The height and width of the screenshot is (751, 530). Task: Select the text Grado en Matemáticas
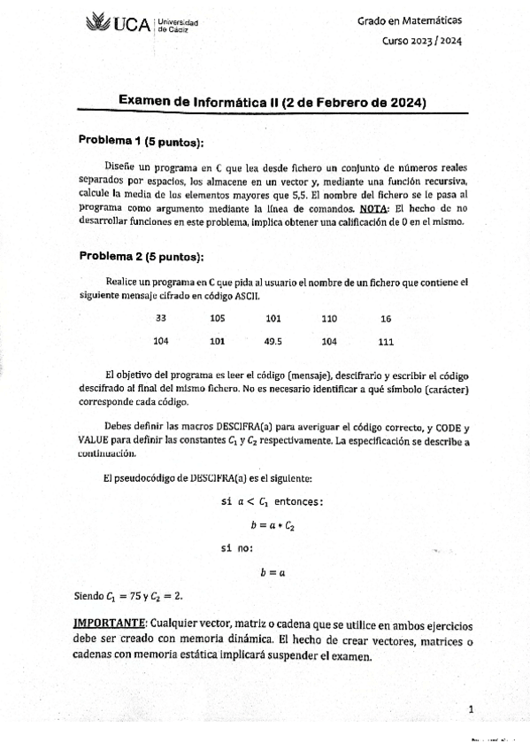(x=410, y=19)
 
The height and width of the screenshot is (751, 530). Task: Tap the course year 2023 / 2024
(x=421, y=40)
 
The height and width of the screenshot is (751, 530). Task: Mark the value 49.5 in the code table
(x=273, y=340)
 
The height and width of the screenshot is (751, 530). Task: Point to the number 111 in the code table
(x=386, y=340)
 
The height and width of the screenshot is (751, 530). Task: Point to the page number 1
(x=472, y=708)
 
